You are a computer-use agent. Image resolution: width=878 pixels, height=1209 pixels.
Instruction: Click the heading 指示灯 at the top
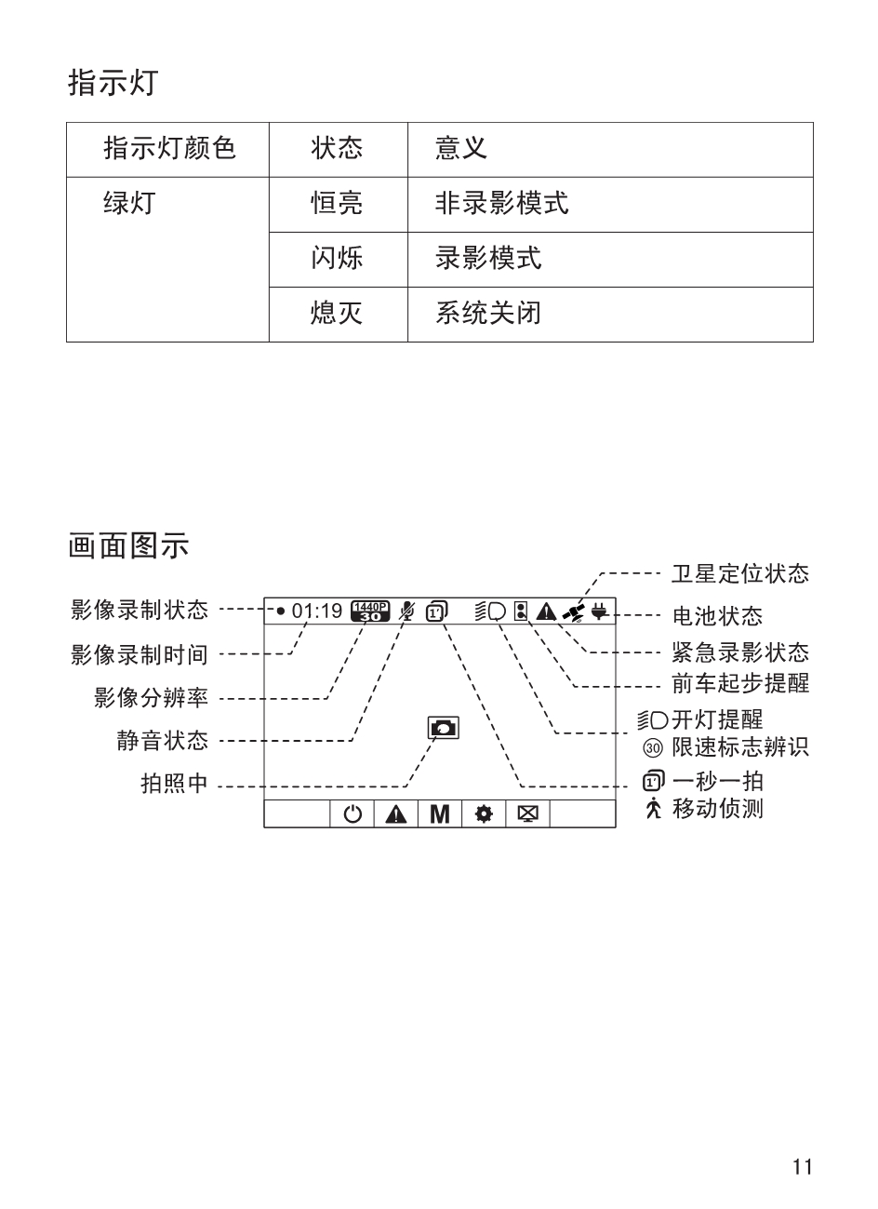[x=113, y=83]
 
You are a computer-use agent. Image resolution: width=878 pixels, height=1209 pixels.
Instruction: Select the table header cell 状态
[x=337, y=149]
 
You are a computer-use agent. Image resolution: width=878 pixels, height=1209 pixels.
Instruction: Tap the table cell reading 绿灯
[x=128, y=203]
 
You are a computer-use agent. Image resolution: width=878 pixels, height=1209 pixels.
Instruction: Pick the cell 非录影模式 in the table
[x=501, y=203]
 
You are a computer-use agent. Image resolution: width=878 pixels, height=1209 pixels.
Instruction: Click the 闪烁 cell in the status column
[x=337, y=258]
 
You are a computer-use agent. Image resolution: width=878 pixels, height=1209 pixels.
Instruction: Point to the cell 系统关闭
[x=487, y=313]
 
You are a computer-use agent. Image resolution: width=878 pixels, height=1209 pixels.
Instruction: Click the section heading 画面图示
[x=128, y=545]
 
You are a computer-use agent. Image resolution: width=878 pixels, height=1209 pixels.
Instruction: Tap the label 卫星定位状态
[x=739, y=574]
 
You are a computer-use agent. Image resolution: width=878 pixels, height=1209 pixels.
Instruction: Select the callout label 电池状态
[x=717, y=615]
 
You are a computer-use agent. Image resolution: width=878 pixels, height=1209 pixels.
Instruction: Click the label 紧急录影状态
[x=739, y=652]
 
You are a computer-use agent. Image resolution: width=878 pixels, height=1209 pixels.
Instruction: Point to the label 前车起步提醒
[x=739, y=683]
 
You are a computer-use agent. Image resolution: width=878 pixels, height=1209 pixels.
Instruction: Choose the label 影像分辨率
[x=151, y=697]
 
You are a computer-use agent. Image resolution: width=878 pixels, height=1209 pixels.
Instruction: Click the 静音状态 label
[x=162, y=741]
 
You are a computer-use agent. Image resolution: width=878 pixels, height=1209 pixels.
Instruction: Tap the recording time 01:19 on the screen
[x=317, y=611]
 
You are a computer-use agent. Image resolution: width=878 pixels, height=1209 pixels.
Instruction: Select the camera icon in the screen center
[x=443, y=728]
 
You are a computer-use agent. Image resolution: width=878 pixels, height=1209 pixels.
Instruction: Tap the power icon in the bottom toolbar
[x=353, y=814]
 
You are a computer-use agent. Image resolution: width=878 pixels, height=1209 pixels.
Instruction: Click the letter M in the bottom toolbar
[x=440, y=814]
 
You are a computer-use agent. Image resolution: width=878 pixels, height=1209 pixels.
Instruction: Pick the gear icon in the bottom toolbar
[x=484, y=814]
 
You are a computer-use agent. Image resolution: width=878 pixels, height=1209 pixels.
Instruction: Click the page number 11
[x=803, y=1166]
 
